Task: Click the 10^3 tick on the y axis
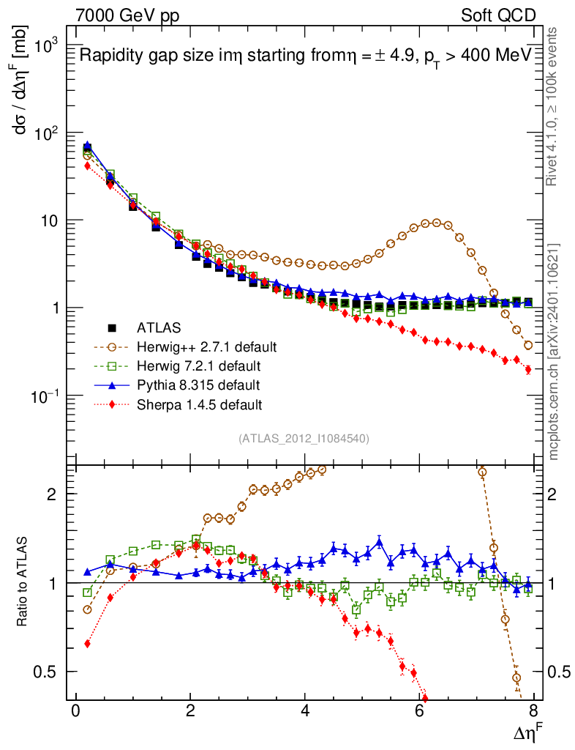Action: (x=45, y=45)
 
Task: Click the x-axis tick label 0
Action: (x=75, y=712)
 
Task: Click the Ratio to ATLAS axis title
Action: (x=23, y=582)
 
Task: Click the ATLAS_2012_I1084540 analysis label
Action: (x=303, y=439)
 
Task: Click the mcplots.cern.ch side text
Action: (x=554, y=352)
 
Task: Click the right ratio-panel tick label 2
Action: (x=557, y=494)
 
